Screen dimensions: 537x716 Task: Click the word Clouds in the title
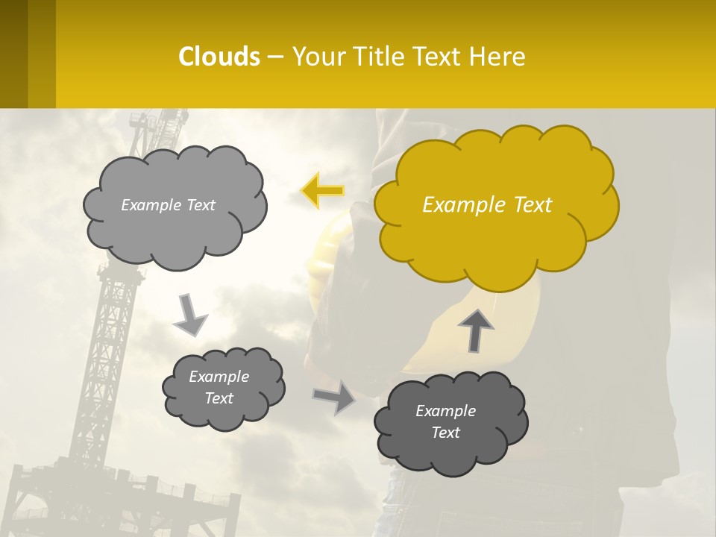coord(219,56)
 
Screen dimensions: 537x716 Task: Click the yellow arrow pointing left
coord(322,191)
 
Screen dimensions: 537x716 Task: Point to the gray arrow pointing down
coord(189,314)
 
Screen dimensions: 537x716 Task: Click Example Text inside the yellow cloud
coord(487,205)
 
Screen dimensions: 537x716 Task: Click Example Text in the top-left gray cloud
coord(168,205)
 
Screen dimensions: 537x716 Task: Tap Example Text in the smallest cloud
coord(219,387)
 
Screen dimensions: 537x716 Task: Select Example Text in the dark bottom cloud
coord(445,421)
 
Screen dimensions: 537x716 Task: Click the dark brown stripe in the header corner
coord(13,54)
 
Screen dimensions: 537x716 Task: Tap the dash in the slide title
coord(275,57)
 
